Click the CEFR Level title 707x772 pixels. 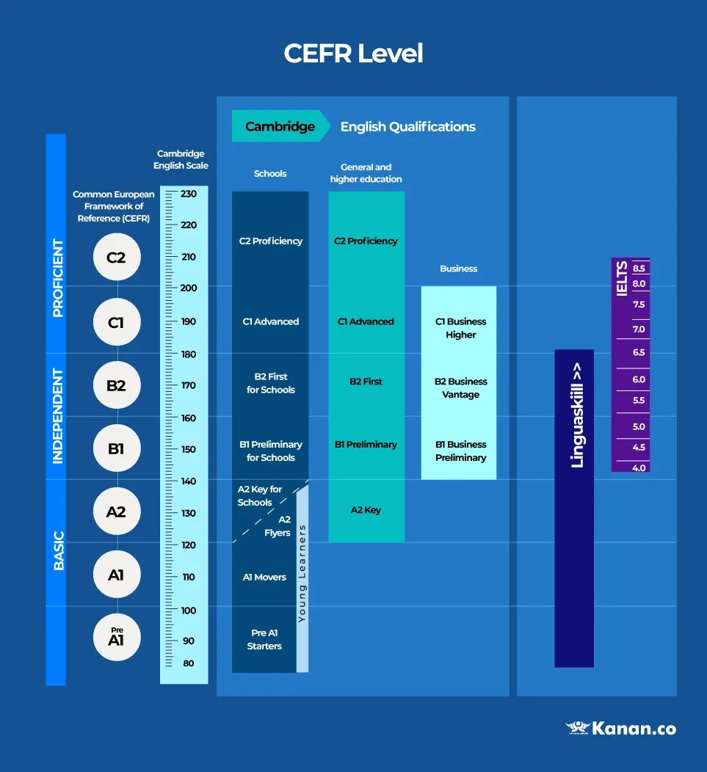[x=353, y=54]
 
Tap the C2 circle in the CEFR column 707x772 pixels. [x=116, y=258]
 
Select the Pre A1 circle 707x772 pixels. [x=116, y=637]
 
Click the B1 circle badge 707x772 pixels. [x=116, y=448]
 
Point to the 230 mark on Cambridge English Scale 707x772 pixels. [x=189, y=194]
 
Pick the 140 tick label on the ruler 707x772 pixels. [x=189, y=481]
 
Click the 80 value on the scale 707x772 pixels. [x=189, y=663]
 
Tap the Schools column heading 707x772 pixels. [x=270, y=174]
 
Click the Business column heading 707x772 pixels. [x=459, y=269]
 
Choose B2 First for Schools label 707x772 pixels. [x=270, y=383]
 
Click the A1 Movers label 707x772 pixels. [x=264, y=578]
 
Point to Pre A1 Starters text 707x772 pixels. [x=264, y=639]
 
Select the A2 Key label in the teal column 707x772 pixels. [x=366, y=510]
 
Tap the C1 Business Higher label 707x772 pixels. [x=460, y=328]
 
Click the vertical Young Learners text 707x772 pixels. [x=302, y=573]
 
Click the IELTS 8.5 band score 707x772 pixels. [x=639, y=269]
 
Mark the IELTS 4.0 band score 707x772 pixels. [x=639, y=467]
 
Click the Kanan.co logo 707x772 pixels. [x=620, y=729]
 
